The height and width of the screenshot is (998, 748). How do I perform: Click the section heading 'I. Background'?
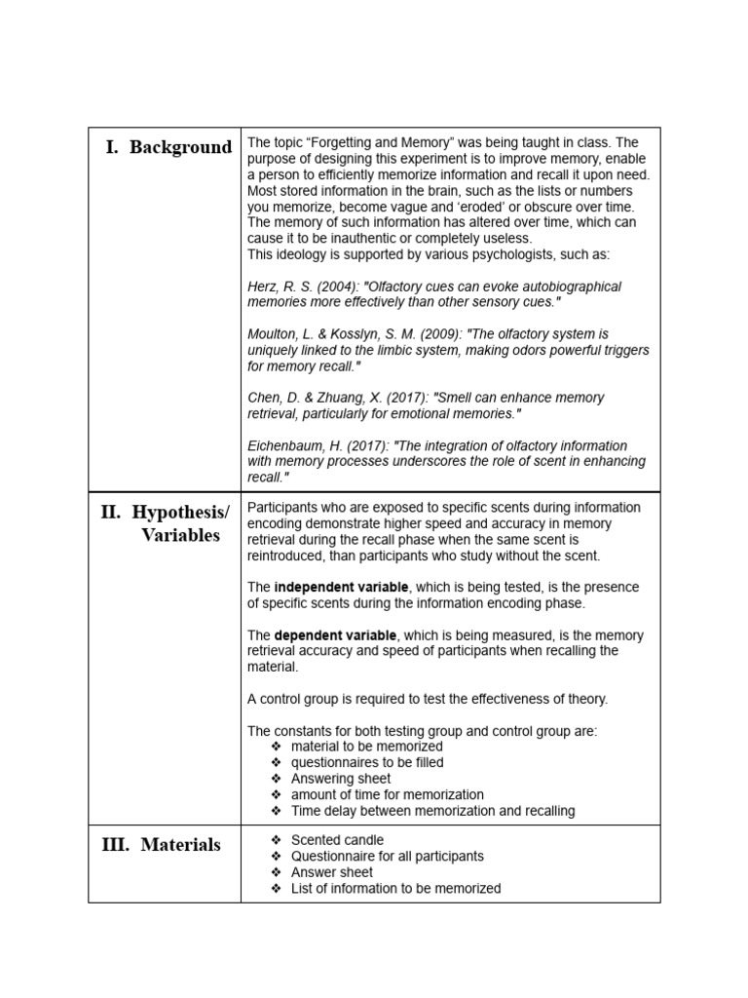point(168,148)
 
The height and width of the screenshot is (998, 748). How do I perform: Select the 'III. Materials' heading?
point(162,845)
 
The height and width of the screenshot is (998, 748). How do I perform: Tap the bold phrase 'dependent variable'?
point(336,635)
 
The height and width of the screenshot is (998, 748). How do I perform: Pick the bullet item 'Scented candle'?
point(337,840)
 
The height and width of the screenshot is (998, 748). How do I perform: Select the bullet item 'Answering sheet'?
point(341,779)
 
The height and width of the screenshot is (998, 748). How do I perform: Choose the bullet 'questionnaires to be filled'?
point(367,762)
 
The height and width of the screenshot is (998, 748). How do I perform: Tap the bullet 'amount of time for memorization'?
point(387,794)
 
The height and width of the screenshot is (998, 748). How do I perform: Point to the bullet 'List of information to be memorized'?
point(395,888)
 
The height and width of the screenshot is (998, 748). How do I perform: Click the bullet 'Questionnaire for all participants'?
point(387,856)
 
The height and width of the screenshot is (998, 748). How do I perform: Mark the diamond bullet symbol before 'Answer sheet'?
point(277,872)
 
